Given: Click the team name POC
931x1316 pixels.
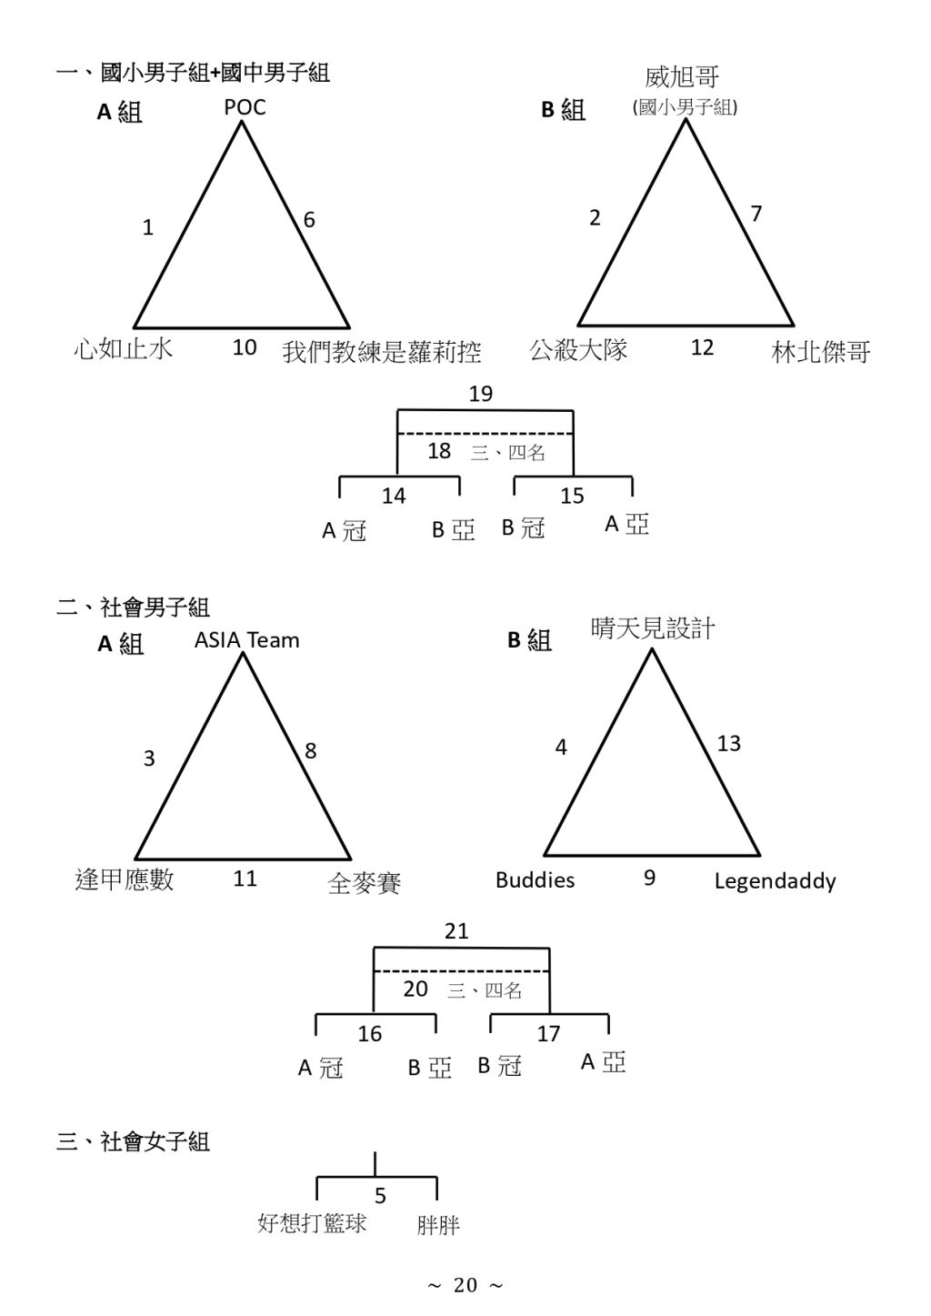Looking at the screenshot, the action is pyautogui.click(x=245, y=107).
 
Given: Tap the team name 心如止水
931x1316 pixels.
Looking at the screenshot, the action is pyautogui.click(x=124, y=349).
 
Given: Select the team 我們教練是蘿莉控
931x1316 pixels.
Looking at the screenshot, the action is pyautogui.click(x=382, y=352).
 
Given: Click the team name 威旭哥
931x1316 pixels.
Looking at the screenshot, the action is pyautogui.click(x=682, y=77).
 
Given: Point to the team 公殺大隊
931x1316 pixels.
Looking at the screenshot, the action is pyautogui.click(x=578, y=350).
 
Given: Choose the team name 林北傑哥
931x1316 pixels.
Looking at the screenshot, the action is pyautogui.click(x=821, y=352).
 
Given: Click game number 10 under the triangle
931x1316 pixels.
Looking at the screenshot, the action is pyautogui.click(x=245, y=347).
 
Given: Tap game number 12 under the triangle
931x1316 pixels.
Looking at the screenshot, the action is pyautogui.click(x=702, y=347).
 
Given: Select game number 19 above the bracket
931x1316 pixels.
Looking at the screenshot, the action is pyautogui.click(x=480, y=394).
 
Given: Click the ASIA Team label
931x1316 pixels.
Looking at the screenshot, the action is pyautogui.click(x=246, y=639).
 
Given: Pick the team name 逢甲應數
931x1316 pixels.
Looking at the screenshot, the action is pyautogui.click(x=125, y=879).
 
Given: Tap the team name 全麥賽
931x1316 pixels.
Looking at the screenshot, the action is pyautogui.click(x=365, y=883).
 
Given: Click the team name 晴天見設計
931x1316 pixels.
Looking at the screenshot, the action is pyautogui.click(x=653, y=628).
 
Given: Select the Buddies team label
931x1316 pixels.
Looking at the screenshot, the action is pyautogui.click(x=536, y=880).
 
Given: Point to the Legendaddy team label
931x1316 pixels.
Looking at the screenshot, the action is pyautogui.click(x=775, y=881).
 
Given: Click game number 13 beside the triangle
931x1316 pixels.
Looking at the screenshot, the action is pyautogui.click(x=729, y=744).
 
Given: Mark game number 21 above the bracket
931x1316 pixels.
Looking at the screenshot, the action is pyautogui.click(x=456, y=931).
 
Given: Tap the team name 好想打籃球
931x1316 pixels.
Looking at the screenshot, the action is pyautogui.click(x=312, y=1222).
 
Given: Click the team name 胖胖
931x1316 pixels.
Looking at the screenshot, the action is pyautogui.click(x=438, y=1226).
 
